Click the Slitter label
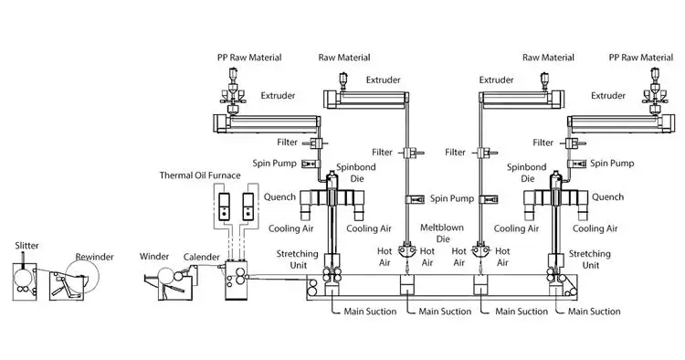pos(26,246)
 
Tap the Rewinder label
pos(94,257)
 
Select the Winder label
pos(156,256)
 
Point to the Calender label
pos(203,257)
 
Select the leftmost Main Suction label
pos(369,312)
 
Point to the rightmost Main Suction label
pos(595,312)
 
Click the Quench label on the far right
pos(607,196)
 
